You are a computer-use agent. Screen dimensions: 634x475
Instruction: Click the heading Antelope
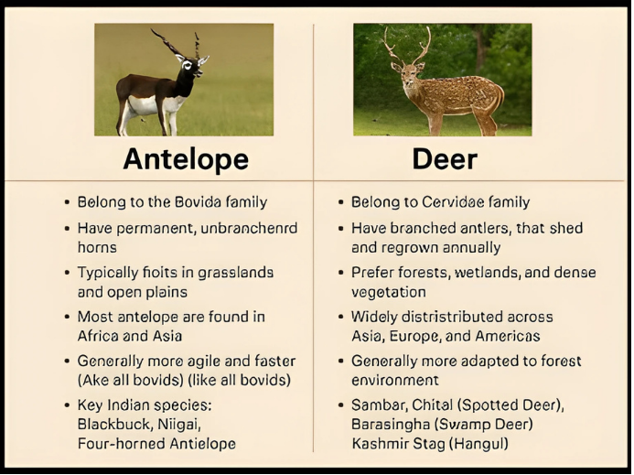[x=186, y=159]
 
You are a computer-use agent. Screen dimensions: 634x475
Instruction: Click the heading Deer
[x=445, y=159]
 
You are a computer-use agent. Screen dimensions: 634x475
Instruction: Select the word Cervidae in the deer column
[x=453, y=202]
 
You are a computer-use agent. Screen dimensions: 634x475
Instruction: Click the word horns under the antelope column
[x=97, y=247]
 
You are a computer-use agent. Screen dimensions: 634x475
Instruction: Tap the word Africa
[x=96, y=336]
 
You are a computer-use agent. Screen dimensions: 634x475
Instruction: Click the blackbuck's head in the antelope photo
[x=193, y=67]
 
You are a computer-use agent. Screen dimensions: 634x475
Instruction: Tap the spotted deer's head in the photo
[x=408, y=74]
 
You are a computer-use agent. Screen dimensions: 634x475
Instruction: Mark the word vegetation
[x=389, y=292]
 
